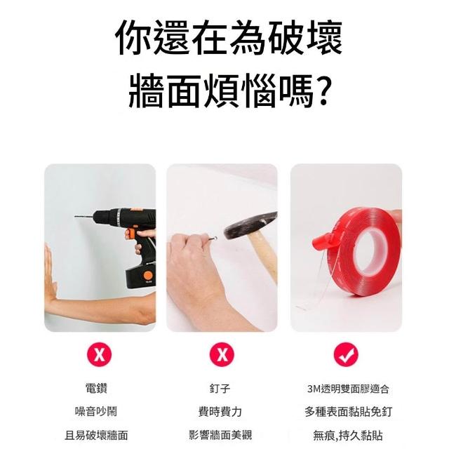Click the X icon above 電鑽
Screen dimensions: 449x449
click(100, 354)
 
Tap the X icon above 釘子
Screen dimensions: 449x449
click(222, 354)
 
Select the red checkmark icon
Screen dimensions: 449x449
click(346, 354)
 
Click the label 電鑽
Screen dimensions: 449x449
click(96, 389)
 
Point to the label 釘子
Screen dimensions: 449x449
click(220, 389)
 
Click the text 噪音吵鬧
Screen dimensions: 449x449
click(96, 412)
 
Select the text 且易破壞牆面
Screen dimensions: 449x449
click(96, 435)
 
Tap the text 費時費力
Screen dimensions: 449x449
click(220, 412)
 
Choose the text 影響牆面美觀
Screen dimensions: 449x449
click(220, 435)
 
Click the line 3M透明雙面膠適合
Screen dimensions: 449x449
click(348, 389)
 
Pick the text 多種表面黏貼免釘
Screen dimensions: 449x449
click(348, 412)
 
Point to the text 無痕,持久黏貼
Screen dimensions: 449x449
click(348, 436)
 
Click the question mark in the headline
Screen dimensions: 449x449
click(324, 91)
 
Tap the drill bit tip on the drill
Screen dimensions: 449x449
click(75, 216)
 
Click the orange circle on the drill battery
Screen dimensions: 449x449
click(149, 276)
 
